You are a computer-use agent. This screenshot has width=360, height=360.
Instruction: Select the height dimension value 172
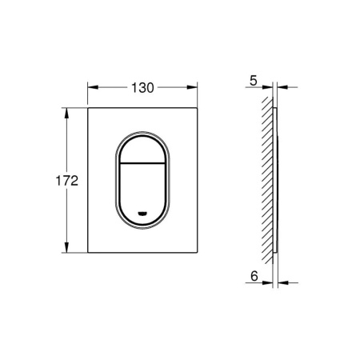(x=70, y=181)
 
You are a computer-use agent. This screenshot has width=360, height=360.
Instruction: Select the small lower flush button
(x=143, y=192)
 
